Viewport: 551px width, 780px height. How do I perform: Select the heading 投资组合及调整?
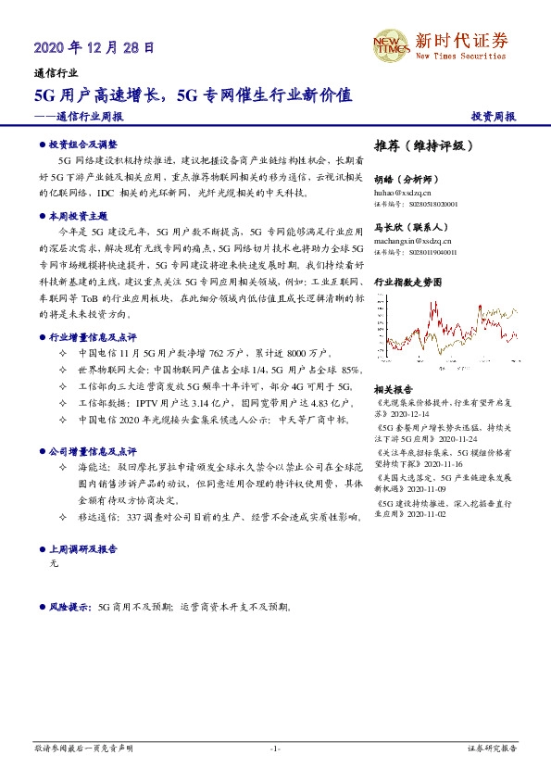(x=83, y=145)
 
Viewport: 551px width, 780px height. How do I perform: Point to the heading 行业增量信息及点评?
(x=93, y=338)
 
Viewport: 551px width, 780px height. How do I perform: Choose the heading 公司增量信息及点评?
(x=93, y=451)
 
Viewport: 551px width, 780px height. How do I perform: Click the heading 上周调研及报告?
(x=83, y=548)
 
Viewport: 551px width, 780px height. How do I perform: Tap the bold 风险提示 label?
(x=69, y=608)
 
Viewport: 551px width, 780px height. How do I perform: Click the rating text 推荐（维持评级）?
(x=424, y=146)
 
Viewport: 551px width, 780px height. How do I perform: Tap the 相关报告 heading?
(x=395, y=389)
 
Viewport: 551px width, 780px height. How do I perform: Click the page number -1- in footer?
(x=275, y=748)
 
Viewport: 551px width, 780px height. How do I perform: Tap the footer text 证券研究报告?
(x=491, y=748)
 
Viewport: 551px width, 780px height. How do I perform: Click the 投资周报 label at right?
(x=494, y=117)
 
